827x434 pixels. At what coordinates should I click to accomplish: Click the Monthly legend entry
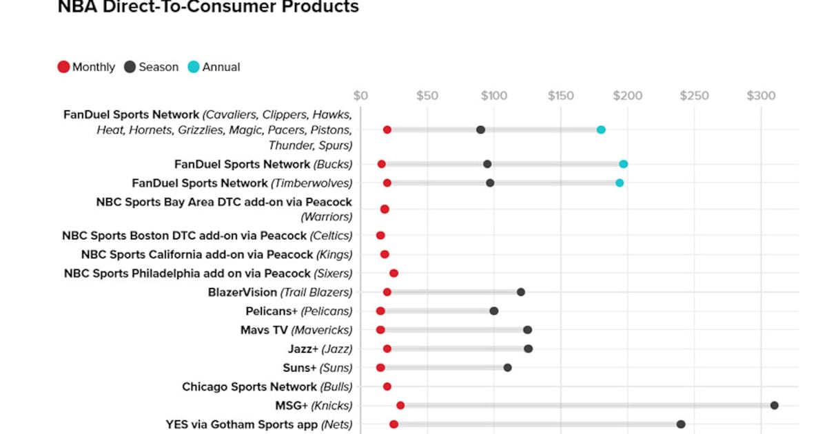[x=86, y=67]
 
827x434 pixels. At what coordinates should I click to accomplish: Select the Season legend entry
[x=151, y=67]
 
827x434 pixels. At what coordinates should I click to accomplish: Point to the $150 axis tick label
[x=560, y=95]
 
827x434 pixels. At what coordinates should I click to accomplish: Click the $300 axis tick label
[x=761, y=95]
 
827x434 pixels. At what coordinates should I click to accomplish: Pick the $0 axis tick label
[x=360, y=95]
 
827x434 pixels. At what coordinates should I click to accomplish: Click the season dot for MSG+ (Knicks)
[x=774, y=405]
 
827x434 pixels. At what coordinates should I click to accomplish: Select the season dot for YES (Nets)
[x=681, y=424]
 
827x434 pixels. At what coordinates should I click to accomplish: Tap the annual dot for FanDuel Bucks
[x=623, y=164]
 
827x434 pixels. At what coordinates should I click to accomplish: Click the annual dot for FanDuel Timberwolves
[x=620, y=183]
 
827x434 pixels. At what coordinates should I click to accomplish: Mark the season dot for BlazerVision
[x=521, y=292]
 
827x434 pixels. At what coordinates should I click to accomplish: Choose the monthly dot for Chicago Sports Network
[x=387, y=386]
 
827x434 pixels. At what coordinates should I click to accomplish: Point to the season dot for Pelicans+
[x=494, y=311]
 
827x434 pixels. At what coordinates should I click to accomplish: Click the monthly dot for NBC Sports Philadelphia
[x=394, y=273]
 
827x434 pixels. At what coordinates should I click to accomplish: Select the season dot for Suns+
[x=507, y=367]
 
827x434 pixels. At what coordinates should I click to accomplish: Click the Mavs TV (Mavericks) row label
[x=296, y=330]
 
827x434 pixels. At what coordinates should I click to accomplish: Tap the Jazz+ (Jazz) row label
[x=320, y=349]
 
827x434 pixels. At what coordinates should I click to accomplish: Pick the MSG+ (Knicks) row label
[x=314, y=405]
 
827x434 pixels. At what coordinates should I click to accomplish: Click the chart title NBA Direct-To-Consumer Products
[x=208, y=8]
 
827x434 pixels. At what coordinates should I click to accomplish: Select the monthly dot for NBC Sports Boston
[x=380, y=236]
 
